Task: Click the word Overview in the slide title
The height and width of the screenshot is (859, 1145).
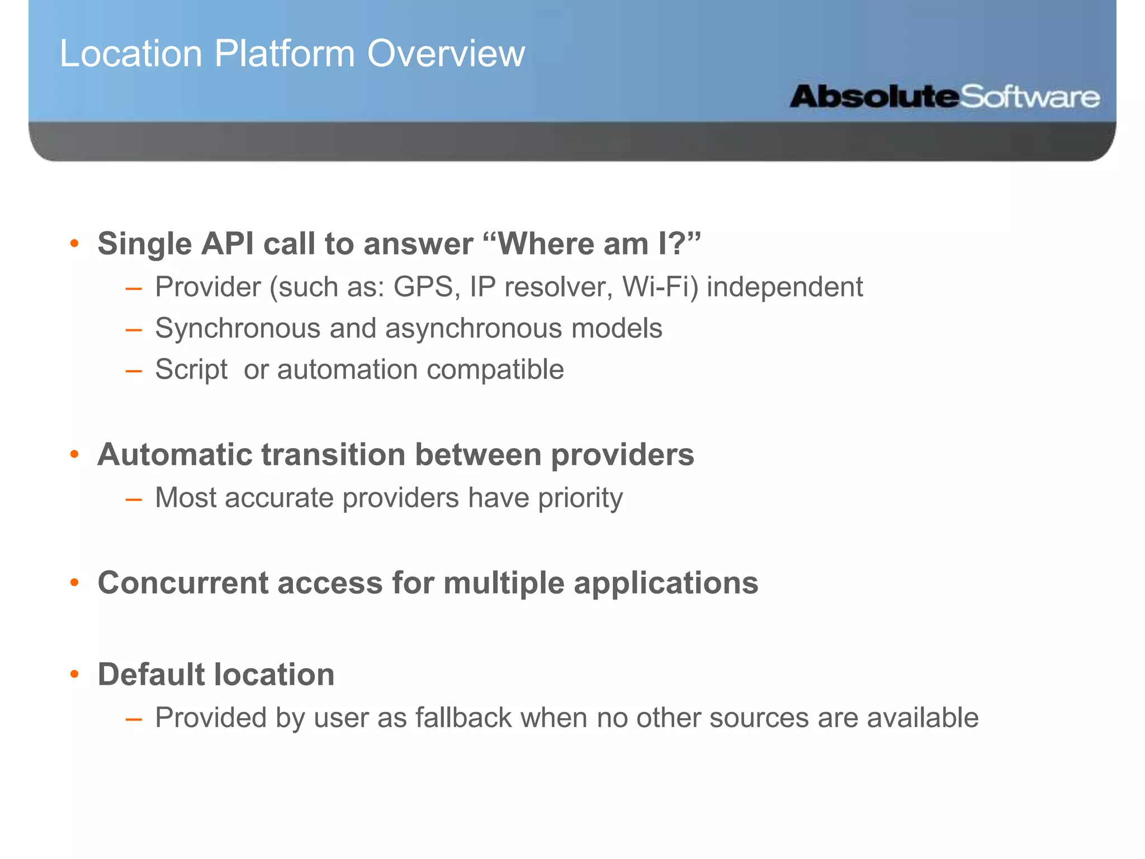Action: pos(446,54)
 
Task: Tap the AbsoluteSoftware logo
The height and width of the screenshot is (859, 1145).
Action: pos(944,97)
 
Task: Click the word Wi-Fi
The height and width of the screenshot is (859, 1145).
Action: pos(660,287)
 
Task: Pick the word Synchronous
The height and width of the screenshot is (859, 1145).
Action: pos(238,329)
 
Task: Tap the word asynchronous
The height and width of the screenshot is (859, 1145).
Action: pos(473,329)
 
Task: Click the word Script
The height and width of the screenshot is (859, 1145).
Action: pos(191,370)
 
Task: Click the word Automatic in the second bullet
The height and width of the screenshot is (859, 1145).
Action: pos(174,454)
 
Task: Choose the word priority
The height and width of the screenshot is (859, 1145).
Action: pos(580,498)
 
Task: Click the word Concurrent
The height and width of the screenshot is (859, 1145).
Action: pos(183,583)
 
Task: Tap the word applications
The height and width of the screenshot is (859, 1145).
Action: pos(666,584)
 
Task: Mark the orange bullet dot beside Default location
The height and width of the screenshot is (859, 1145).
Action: pos(74,674)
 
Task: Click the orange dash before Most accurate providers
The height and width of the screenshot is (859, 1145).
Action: pos(133,498)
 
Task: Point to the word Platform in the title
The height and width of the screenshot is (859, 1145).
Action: pos(285,54)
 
